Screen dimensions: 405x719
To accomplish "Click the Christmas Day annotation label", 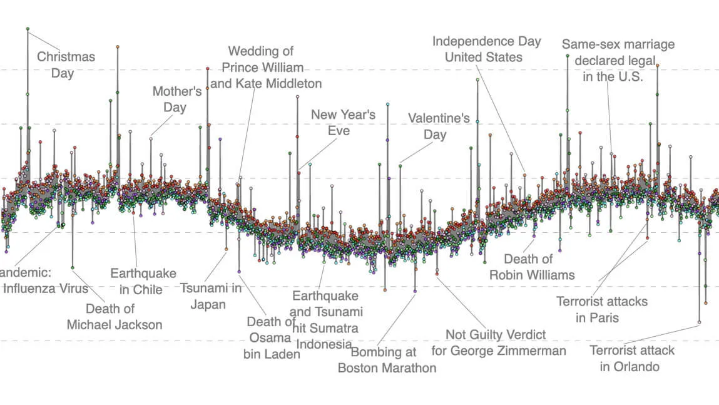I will point(66,64).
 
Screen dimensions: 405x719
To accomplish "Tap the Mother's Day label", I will point(176,99).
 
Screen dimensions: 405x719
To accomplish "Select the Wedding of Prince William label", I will point(265,67).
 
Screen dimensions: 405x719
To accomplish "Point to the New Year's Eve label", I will point(343,122).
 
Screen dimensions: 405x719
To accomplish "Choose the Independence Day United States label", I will point(486,49).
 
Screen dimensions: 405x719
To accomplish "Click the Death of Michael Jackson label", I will point(114,316).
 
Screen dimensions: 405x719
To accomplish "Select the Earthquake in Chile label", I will point(143,281).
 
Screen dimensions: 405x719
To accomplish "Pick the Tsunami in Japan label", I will point(210,296).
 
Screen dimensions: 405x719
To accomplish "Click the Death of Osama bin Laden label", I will point(271,337).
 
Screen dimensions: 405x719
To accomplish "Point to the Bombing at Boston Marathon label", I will point(387,360).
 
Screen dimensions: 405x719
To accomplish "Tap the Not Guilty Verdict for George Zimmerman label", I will point(498,342).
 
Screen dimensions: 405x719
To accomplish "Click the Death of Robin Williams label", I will point(531,266).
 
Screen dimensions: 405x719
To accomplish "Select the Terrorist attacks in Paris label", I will point(601,309).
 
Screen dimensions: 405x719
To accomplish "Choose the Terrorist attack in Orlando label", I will point(633,358).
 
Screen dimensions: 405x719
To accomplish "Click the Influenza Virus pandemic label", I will point(44,280).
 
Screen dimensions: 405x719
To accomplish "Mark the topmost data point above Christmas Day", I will point(28,29).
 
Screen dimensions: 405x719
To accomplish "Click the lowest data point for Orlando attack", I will point(699,322).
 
